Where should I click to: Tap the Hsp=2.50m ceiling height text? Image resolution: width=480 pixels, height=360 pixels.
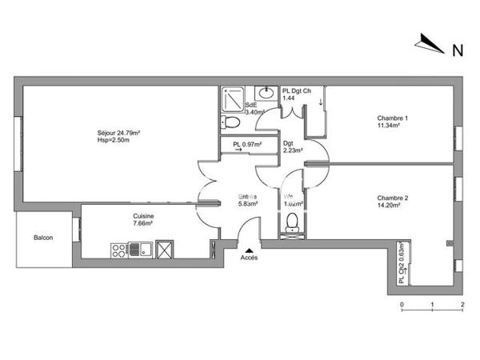point(113,142)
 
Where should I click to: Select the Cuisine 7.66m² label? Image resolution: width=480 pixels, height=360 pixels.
point(144,221)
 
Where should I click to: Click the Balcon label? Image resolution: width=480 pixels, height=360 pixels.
point(43,238)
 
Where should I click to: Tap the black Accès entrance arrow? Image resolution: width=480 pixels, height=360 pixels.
point(250,251)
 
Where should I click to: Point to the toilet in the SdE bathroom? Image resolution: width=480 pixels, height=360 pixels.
point(230,122)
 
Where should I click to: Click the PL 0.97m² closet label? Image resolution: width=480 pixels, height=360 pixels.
point(247,146)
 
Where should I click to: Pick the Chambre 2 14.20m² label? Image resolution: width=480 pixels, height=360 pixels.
point(393,202)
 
